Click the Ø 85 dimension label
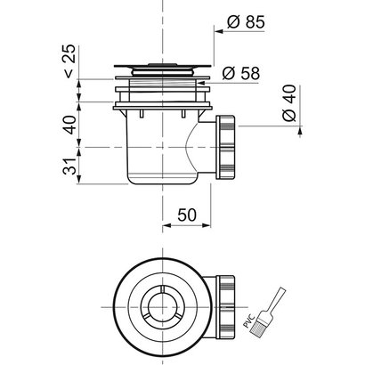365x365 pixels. point(246,22)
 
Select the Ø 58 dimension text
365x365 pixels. point(241,73)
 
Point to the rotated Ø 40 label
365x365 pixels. point(289,103)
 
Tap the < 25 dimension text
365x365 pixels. point(70,61)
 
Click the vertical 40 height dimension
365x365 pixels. point(70,125)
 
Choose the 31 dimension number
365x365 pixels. point(70,166)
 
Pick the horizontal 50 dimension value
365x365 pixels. point(187,215)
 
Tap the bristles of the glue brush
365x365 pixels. point(257,328)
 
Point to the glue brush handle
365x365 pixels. point(275,299)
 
